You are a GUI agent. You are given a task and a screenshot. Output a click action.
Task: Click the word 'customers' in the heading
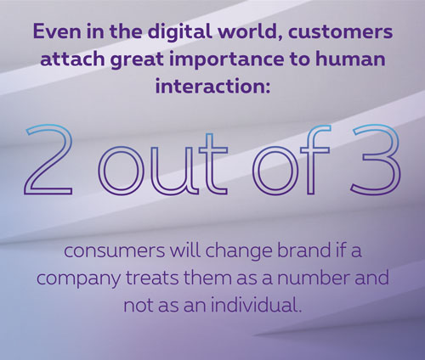tap(341, 31)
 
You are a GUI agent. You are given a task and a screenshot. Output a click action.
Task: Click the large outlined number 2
tap(48, 160)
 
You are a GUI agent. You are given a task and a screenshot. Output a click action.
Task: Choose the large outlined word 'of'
tap(292, 160)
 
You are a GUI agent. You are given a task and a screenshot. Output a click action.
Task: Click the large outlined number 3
tap(375, 160)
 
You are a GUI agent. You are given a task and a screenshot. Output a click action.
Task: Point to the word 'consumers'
tap(115, 250)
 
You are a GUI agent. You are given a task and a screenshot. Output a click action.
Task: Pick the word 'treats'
tap(152, 278)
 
